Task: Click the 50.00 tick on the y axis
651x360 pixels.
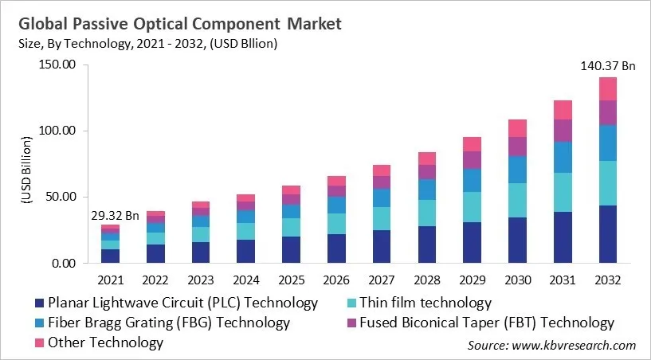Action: pyautogui.click(x=60, y=197)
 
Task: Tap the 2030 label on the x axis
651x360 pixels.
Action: pyautogui.click(x=518, y=280)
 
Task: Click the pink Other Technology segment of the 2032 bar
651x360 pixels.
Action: pyautogui.click(x=608, y=88)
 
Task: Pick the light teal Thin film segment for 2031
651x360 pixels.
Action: pyautogui.click(x=563, y=192)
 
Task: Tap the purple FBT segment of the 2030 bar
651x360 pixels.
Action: pyautogui.click(x=518, y=147)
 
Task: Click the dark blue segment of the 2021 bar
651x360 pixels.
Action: pyautogui.click(x=110, y=256)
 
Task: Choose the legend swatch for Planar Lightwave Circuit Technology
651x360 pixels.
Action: pyautogui.click(x=38, y=303)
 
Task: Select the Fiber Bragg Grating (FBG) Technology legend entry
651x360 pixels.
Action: pyautogui.click(x=168, y=323)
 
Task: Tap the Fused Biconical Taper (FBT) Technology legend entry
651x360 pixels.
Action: pyautogui.click(x=487, y=323)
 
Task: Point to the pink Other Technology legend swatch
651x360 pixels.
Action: pyautogui.click(x=38, y=343)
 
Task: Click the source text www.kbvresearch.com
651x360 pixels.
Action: pyautogui.click(x=574, y=345)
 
